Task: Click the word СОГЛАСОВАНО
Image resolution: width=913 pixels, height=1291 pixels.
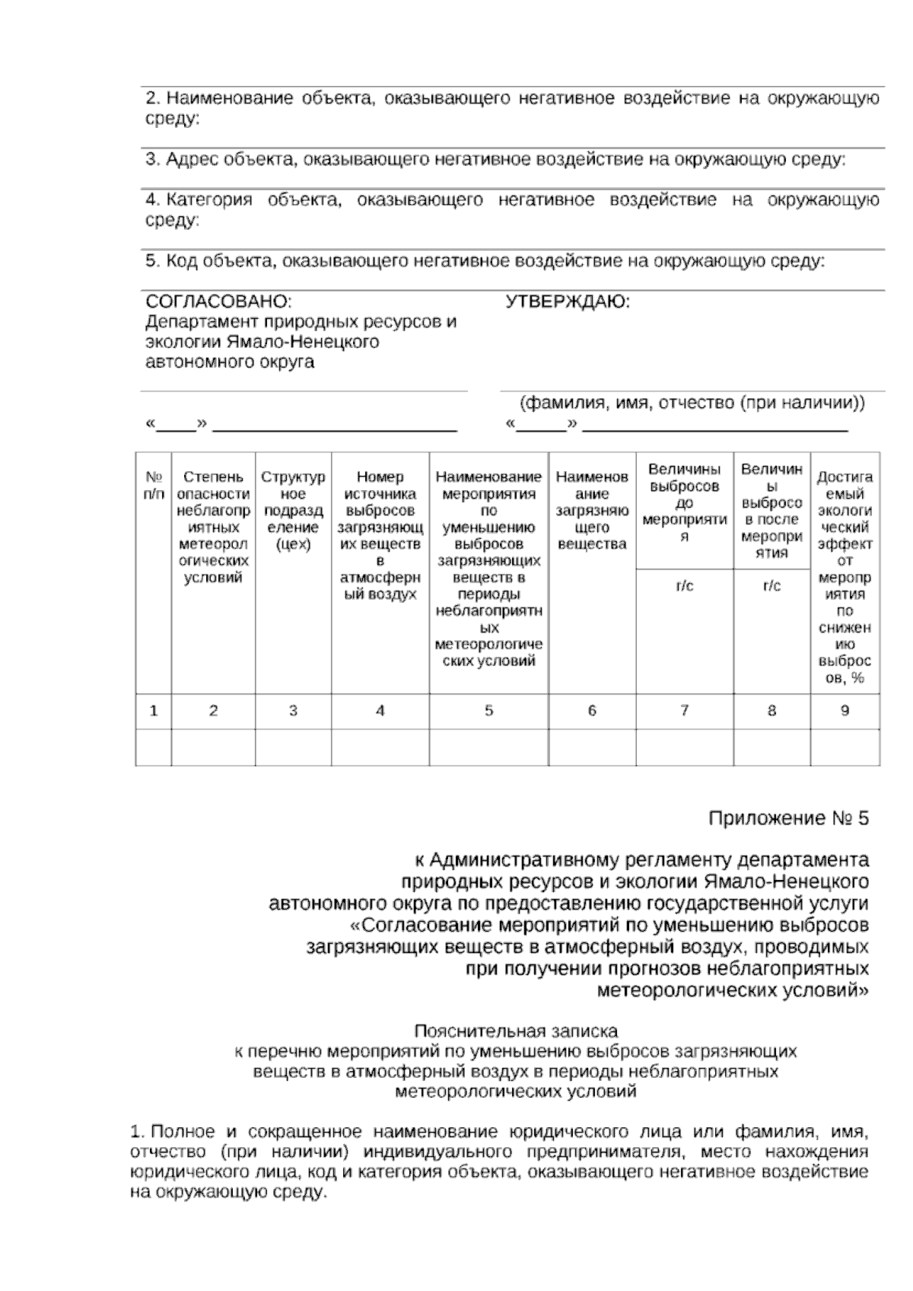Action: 218,302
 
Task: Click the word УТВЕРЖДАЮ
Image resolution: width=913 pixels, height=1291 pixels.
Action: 568,302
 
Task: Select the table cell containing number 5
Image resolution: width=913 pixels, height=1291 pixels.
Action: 488,711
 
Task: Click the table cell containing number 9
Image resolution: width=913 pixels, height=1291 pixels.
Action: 845,711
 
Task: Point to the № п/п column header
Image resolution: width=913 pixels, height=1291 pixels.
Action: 154,486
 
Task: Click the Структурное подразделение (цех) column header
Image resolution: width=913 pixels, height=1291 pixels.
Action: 293,510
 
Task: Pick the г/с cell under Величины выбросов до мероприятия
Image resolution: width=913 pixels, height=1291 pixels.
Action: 684,586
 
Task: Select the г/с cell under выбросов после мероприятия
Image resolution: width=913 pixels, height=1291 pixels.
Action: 771,586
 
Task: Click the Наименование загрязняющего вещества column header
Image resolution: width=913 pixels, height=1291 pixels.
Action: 592,510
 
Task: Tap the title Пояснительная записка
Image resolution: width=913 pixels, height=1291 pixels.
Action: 516,1031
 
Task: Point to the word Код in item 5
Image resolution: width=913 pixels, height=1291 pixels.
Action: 182,261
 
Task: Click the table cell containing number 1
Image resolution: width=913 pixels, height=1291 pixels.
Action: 154,711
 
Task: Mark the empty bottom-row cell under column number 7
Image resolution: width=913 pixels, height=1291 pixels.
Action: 684,748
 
